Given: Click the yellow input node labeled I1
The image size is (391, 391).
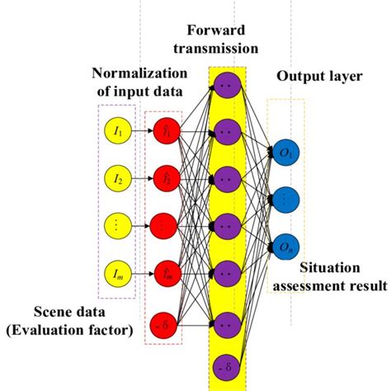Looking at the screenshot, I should point(117,130).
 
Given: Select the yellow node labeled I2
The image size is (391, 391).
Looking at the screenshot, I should point(117,177).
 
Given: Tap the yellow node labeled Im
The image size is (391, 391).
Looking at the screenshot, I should point(117,270).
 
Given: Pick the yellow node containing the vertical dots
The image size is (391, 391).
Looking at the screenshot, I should point(117,224).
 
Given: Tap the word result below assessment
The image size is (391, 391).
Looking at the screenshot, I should point(367,287).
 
